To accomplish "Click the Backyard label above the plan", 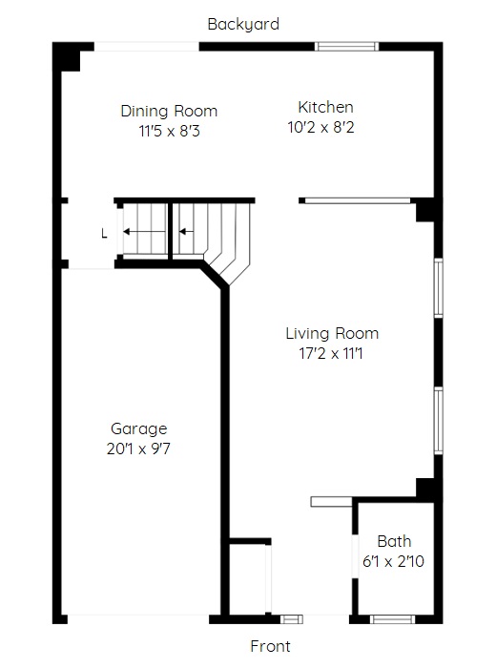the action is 243,24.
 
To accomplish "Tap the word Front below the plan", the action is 270,646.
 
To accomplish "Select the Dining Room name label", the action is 169,111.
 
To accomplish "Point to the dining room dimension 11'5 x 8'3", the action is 169,131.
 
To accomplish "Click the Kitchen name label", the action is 325,107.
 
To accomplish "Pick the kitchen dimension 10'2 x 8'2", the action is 321,127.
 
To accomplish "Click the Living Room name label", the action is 332,333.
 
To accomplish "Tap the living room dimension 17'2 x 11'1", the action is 331,353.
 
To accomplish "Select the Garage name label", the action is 139,429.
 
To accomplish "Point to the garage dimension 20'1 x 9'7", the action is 138,449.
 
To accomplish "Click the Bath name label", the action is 394,541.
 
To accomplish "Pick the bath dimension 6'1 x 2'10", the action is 393,561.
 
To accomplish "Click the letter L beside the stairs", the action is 104,234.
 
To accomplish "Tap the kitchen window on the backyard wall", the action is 346,47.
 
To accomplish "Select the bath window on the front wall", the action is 392,619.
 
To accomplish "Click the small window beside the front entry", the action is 292,619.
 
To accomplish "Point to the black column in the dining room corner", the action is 67,56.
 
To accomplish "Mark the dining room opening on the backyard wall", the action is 147,47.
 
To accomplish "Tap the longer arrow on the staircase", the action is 145,232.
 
